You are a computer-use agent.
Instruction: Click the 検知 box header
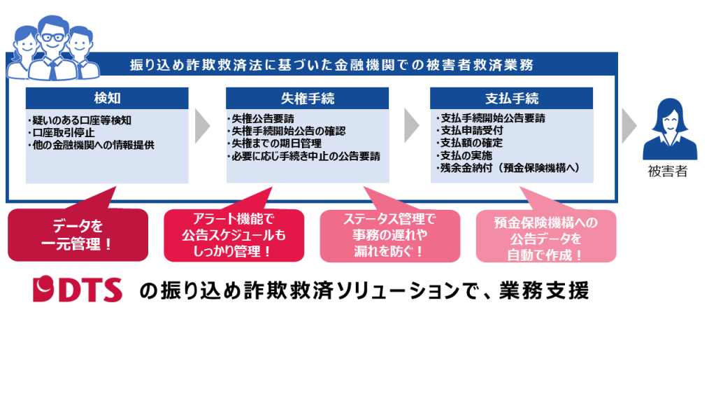(x=108, y=97)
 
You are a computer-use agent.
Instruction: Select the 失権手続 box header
(x=307, y=97)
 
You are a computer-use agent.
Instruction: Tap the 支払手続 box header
(x=511, y=97)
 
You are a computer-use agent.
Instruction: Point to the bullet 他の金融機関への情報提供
(x=91, y=144)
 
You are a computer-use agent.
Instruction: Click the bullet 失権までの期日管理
(x=275, y=143)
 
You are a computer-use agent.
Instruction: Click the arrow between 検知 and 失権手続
(x=202, y=125)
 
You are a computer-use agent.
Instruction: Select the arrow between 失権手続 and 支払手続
(x=411, y=125)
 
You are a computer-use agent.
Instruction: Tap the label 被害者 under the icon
(x=667, y=171)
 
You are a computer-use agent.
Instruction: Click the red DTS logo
(x=78, y=289)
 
